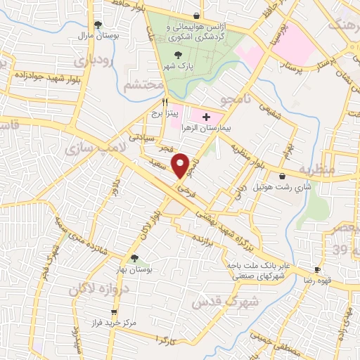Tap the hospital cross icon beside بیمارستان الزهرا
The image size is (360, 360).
[205, 116]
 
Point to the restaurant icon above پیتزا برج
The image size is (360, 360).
[165, 101]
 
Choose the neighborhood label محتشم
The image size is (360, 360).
[143, 85]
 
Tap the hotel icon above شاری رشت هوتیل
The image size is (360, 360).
[283, 176]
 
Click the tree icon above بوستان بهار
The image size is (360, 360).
[134, 259]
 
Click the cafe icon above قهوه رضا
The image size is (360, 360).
[317, 270]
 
